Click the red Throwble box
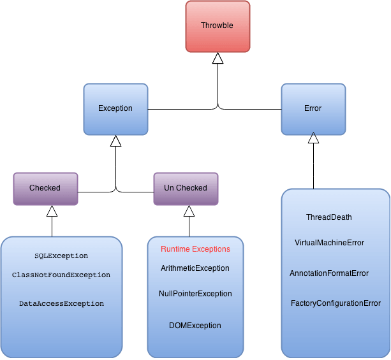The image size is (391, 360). tap(218, 26)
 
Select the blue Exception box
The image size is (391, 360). tap(115, 108)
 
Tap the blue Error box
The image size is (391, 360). tap(313, 108)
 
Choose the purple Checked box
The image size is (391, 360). tap(45, 188)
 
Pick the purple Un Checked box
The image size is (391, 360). tap(186, 188)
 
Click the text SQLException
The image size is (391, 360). tap(61, 256)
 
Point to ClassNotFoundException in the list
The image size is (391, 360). tap(61, 275)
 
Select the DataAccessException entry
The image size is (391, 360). tap(61, 304)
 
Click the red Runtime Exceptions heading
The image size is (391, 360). tap(195, 249)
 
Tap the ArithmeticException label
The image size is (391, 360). tap(195, 268)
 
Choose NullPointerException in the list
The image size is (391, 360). tap(195, 294)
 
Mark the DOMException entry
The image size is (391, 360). tap(195, 326)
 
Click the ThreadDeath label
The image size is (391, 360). tap(329, 217)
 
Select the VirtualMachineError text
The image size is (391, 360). tap(330, 243)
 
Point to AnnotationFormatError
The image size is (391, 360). tap(329, 273)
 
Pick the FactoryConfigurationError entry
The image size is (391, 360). tap(336, 303)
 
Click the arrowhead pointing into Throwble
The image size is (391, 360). tap(218, 59)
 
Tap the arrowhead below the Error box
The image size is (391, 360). tap(313, 138)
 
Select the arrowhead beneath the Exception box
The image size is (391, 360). tap(115, 141)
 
